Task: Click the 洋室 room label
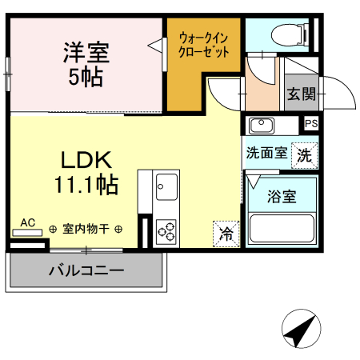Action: coord(86,54)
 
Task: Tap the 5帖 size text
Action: coord(86,78)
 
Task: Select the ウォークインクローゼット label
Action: coord(204,44)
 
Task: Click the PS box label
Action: coord(311,123)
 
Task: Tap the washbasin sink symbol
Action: coord(261,125)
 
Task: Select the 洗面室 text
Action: coord(266,153)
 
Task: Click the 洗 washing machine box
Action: coord(305,155)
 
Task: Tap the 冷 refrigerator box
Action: coord(226,234)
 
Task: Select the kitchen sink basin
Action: coord(167,189)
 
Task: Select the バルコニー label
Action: coord(86,270)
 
